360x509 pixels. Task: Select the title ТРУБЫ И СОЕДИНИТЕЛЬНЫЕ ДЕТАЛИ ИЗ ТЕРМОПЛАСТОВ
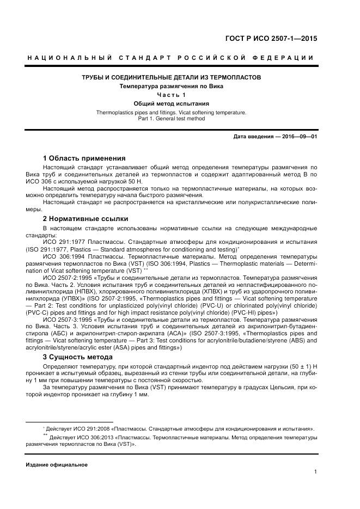pyautogui.click(x=171, y=77)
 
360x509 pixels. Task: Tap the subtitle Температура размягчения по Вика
pyautogui.click(x=171, y=86)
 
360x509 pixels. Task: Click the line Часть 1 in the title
pyautogui.click(x=171, y=95)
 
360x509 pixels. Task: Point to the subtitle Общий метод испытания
pyautogui.click(x=171, y=103)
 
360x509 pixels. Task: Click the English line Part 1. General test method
pyautogui.click(x=171, y=118)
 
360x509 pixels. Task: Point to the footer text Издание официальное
pyautogui.click(x=57, y=464)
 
